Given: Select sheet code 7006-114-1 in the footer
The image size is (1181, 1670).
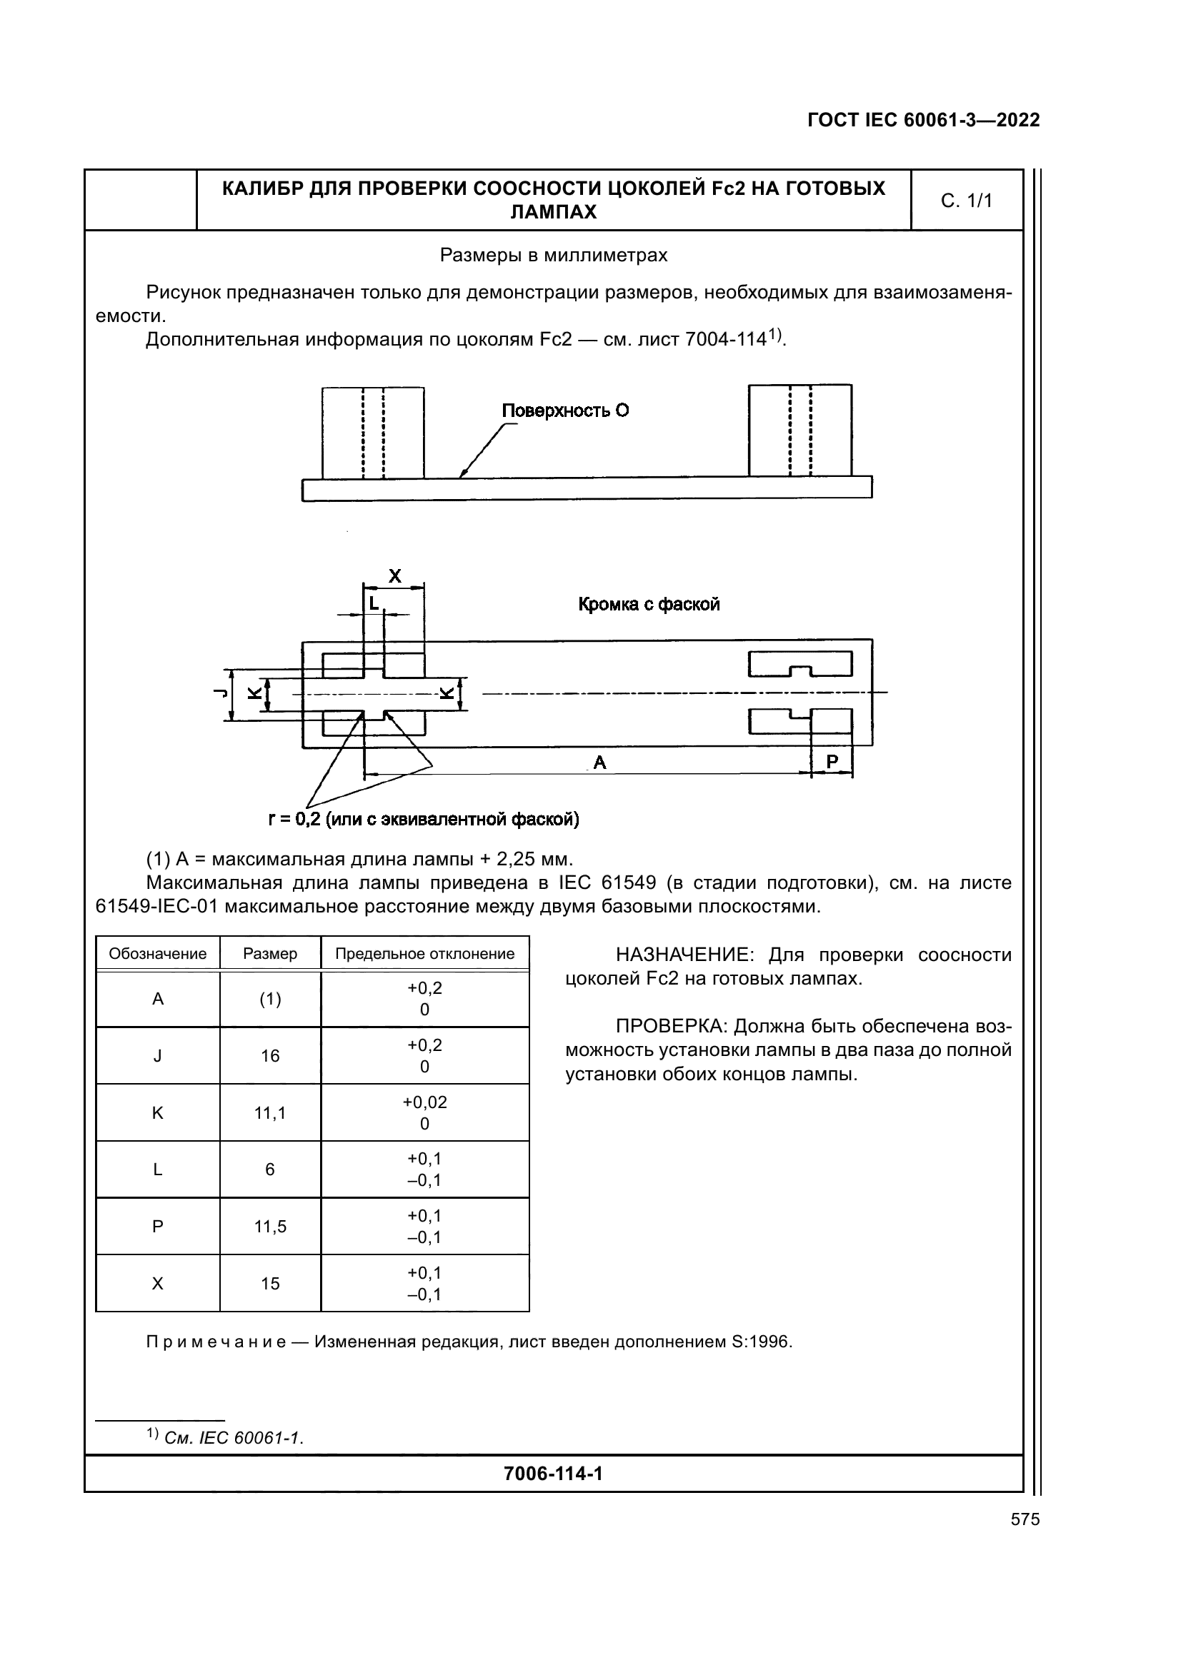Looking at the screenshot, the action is [x=553, y=1474].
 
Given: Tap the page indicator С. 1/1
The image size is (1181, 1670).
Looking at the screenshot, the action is [x=967, y=201].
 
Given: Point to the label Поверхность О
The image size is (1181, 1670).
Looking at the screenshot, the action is [x=565, y=411].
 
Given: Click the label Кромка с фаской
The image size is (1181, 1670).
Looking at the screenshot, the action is [x=649, y=605].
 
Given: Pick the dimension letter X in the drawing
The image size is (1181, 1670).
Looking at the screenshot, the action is [x=394, y=576].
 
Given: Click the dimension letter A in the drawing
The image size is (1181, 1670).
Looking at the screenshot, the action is [x=599, y=762].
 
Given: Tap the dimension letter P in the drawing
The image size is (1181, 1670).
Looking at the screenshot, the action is [x=832, y=761].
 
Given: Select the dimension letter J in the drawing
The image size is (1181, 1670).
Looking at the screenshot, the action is [x=219, y=693].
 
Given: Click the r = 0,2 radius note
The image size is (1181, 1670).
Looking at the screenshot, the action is [x=424, y=820].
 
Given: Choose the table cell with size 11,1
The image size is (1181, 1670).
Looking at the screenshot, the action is [x=270, y=1112].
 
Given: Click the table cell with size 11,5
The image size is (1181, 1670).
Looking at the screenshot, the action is [x=270, y=1227].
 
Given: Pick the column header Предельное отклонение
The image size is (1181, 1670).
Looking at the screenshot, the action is [x=425, y=954].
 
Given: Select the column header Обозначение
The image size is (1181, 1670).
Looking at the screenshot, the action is [x=158, y=954].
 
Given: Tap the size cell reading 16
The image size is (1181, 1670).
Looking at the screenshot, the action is [x=270, y=1055].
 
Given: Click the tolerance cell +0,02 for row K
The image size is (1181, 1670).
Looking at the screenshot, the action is [x=425, y=1102].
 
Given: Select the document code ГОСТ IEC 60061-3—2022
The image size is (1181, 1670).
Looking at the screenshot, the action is [x=923, y=120].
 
